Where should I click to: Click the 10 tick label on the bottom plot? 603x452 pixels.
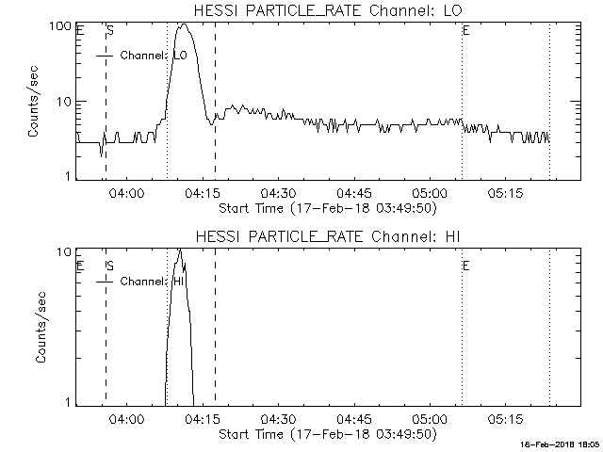pos(65,252)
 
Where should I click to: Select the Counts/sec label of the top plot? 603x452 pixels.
pos(34,102)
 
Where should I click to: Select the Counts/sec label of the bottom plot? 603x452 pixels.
pos(40,328)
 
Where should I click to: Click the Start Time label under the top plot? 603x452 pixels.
pos(325,208)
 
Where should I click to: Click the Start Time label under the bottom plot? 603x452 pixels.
pos(325,434)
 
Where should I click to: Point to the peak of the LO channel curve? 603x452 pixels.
pos(183,24)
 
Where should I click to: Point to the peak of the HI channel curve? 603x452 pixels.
pos(179,250)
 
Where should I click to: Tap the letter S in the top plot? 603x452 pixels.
pos(110,31)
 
